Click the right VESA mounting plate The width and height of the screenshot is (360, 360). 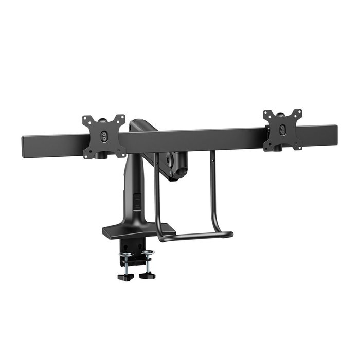tap(282, 130)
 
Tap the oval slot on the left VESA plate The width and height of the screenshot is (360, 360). tap(104, 136)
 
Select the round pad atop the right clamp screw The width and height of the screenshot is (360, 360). tap(148, 252)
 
